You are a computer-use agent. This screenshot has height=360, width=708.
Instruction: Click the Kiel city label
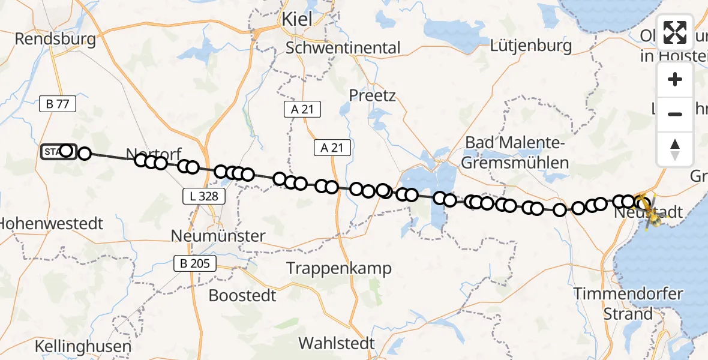tap(296, 19)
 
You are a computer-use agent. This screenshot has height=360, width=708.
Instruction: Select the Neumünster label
tap(218, 236)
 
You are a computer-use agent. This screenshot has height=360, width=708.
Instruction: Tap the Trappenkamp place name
tap(339, 268)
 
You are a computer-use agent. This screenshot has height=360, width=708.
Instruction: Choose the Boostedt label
tap(242, 295)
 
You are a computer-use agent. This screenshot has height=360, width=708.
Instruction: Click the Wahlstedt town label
tap(337, 344)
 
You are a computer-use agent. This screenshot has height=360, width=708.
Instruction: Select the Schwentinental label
tap(343, 47)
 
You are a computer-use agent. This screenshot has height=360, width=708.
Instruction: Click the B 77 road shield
tap(58, 104)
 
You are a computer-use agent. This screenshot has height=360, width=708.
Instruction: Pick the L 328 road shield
tap(205, 196)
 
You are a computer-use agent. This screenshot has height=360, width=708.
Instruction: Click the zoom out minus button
tap(675, 114)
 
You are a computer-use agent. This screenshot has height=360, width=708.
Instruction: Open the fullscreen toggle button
tap(675, 32)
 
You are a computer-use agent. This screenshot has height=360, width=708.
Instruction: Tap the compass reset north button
tap(675, 149)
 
